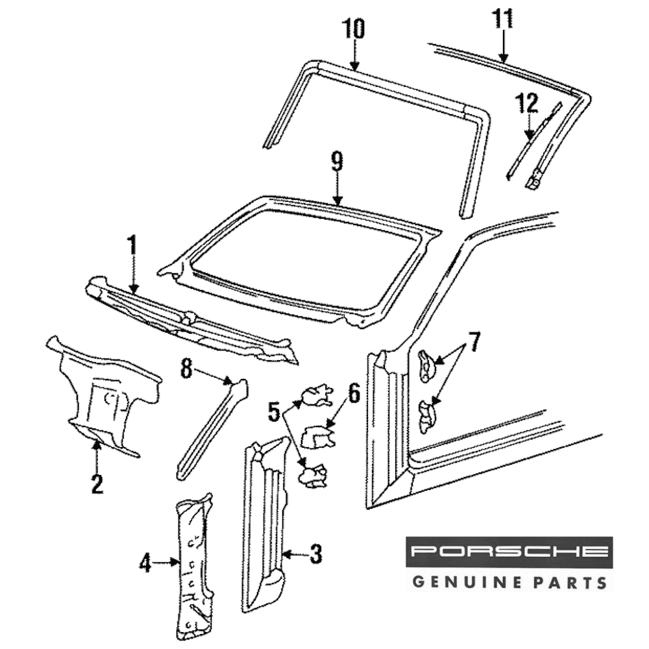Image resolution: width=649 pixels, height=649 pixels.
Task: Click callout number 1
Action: coord(132,246)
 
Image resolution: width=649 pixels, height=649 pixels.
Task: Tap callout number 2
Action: coord(97,484)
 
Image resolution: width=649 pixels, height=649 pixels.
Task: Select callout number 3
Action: coord(315,554)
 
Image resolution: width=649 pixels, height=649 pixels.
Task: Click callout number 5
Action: coord(275,411)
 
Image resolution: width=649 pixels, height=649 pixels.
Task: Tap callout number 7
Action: coord(474,342)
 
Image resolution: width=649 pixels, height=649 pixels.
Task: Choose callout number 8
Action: coord(187,369)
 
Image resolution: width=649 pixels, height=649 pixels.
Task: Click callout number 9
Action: coord(336,162)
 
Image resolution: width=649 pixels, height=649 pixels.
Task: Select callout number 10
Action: coord(354,29)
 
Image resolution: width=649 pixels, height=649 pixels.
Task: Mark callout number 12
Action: coord(528,103)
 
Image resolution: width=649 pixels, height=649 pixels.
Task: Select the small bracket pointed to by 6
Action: coord(318,436)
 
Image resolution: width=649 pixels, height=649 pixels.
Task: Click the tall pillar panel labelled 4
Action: coord(192,565)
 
